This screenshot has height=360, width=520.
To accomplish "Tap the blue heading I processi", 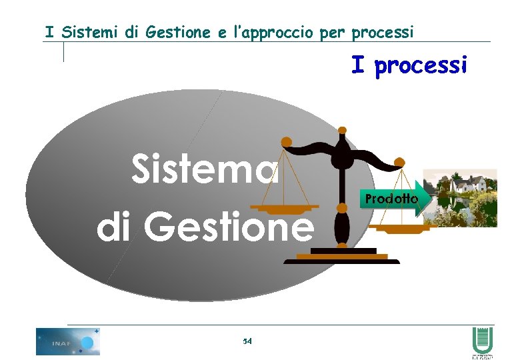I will pyautogui.click(x=409, y=66).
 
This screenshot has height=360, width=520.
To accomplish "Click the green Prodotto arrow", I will pyautogui.click(x=393, y=199).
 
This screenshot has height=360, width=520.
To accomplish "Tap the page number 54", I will pyautogui.click(x=247, y=341).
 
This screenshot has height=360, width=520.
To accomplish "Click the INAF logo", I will pyautogui.click(x=67, y=342).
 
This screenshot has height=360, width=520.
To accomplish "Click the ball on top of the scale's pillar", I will pyautogui.click(x=342, y=131).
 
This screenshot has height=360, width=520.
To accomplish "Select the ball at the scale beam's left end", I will pyautogui.click(x=286, y=141).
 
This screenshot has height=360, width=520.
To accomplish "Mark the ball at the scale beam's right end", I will pyautogui.click(x=399, y=161).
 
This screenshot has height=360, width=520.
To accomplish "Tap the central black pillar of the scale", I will pyautogui.click(x=341, y=200).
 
